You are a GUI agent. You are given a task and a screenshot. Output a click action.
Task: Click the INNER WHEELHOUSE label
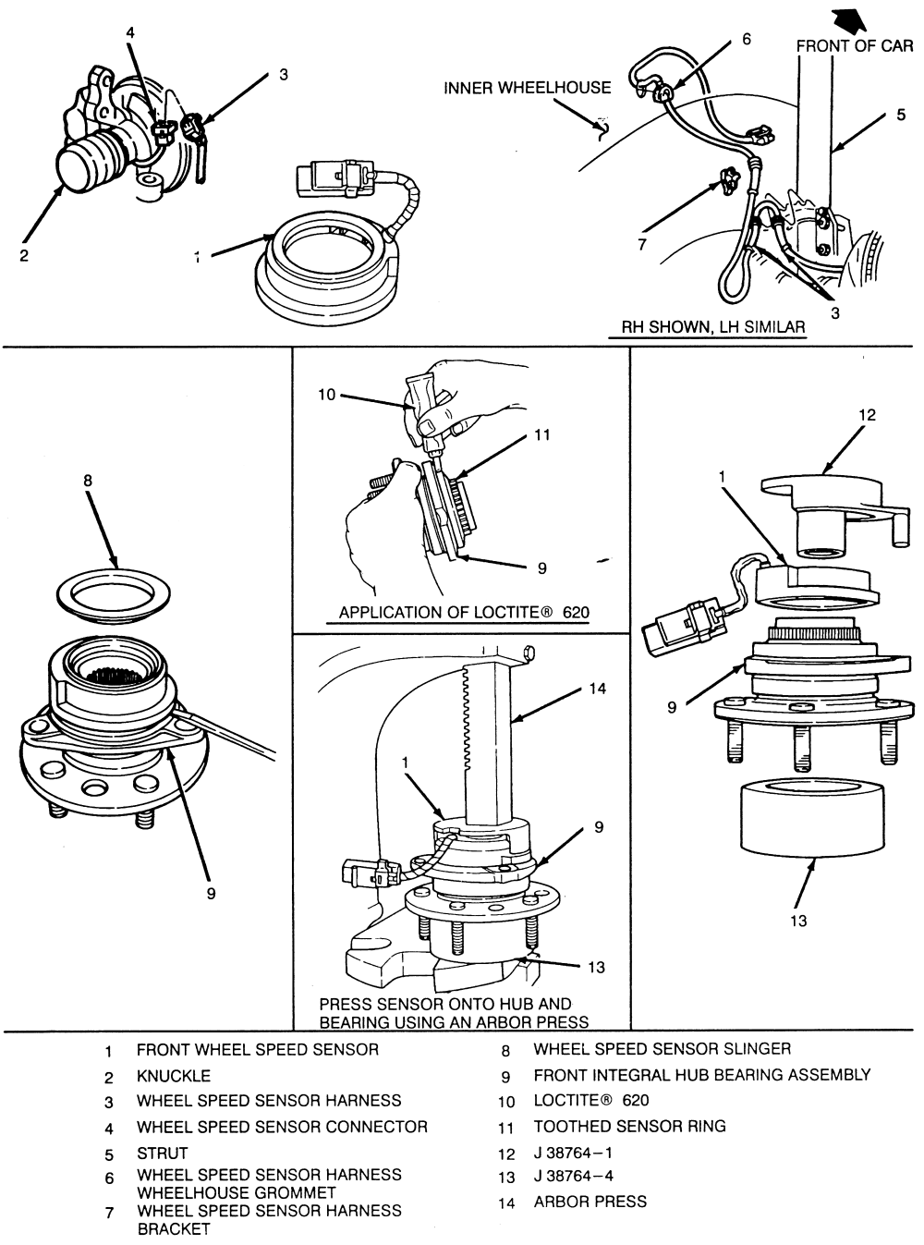(x=527, y=88)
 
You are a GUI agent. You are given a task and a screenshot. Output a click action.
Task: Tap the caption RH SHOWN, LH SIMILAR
(x=713, y=326)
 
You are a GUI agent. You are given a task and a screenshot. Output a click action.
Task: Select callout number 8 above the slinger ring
(x=88, y=481)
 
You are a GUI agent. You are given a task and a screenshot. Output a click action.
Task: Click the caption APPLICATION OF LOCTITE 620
(x=464, y=612)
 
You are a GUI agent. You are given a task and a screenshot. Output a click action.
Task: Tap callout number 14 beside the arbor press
(x=597, y=689)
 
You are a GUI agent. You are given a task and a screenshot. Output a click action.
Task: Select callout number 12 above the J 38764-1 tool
(x=867, y=415)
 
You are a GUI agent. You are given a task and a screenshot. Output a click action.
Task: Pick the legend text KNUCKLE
(x=174, y=1076)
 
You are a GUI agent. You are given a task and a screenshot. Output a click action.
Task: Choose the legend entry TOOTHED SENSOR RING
(x=629, y=1126)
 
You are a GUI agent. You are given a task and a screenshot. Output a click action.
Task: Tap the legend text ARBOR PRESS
(x=590, y=1202)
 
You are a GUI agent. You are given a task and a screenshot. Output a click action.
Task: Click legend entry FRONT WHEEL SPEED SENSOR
(x=258, y=1050)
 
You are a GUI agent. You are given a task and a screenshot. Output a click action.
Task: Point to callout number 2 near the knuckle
(x=23, y=255)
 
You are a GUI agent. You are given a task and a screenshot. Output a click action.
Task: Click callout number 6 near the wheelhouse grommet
(x=746, y=39)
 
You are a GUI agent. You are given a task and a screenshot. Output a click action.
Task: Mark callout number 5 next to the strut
(x=900, y=115)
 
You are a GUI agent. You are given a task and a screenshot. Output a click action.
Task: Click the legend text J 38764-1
(x=573, y=1153)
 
